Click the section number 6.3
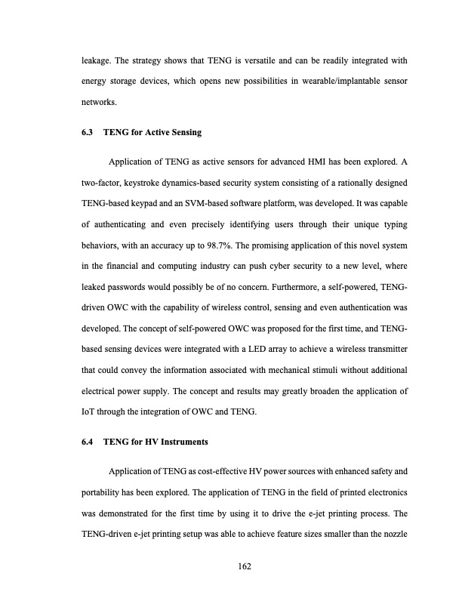[88, 134]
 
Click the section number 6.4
[88, 441]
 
